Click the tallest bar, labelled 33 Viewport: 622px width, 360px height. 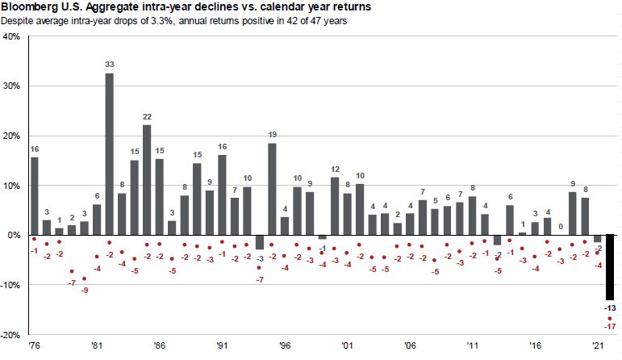coord(109,153)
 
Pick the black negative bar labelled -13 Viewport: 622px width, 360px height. coord(610,266)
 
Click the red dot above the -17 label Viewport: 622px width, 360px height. coord(610,318)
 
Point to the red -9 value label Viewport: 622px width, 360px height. coord(84,290)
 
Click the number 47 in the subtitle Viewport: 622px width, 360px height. coord(313,20)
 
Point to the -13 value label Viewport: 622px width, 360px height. coord(610,308)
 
